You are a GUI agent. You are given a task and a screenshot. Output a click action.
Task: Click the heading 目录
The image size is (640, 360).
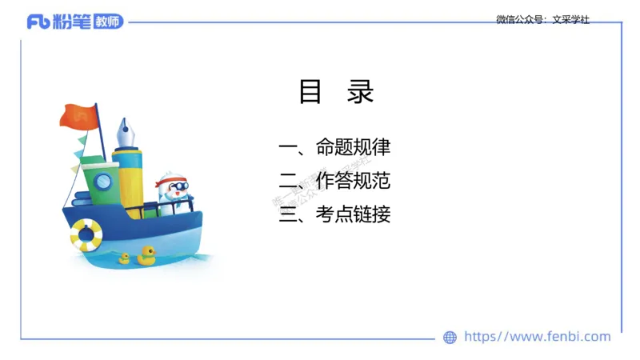pyautogui.click(x=336, y=93)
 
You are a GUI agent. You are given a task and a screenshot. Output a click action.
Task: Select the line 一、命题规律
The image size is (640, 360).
pyautogui.click(x=334, y=148)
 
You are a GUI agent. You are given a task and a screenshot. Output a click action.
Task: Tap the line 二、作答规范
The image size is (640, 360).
pyautogui.click(x=334, y=181)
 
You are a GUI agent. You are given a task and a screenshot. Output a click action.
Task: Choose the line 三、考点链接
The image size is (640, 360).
pyautogui.click(x=334, y=214)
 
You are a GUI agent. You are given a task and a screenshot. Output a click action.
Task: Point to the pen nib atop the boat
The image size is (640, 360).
pyautogui.click(x=126, y=132)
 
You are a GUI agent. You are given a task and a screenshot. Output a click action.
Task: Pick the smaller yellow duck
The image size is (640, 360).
pyautogui.click(x=124, y=258)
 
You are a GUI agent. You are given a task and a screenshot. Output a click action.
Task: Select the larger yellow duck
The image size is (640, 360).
pyautogui.click(x=146, y=255)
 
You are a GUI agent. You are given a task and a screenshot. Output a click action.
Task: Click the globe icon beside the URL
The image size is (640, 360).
pyautogui.click(x=450, y=338)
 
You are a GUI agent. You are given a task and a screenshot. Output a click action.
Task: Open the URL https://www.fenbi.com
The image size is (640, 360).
pyautogui.click(x=538, y=337)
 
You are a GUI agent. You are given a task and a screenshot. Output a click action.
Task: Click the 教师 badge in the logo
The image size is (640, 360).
pyautogui.click(x=108, y=22)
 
